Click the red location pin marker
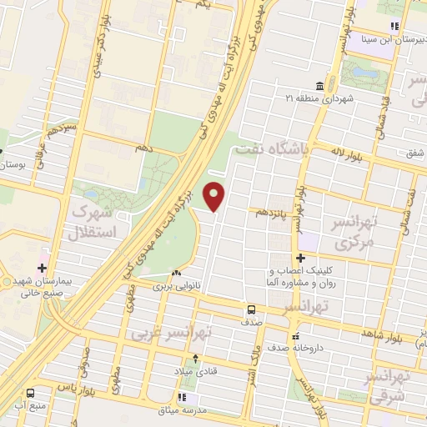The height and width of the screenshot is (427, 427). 215,196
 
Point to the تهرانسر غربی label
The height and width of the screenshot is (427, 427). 224,331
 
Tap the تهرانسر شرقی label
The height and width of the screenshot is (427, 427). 387,385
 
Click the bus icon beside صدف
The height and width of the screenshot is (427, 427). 250,309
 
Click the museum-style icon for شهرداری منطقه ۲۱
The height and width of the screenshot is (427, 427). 320,87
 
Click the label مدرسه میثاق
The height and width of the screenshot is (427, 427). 184,410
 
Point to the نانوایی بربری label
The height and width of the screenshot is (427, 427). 177,285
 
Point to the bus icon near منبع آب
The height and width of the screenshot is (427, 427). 30,393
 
